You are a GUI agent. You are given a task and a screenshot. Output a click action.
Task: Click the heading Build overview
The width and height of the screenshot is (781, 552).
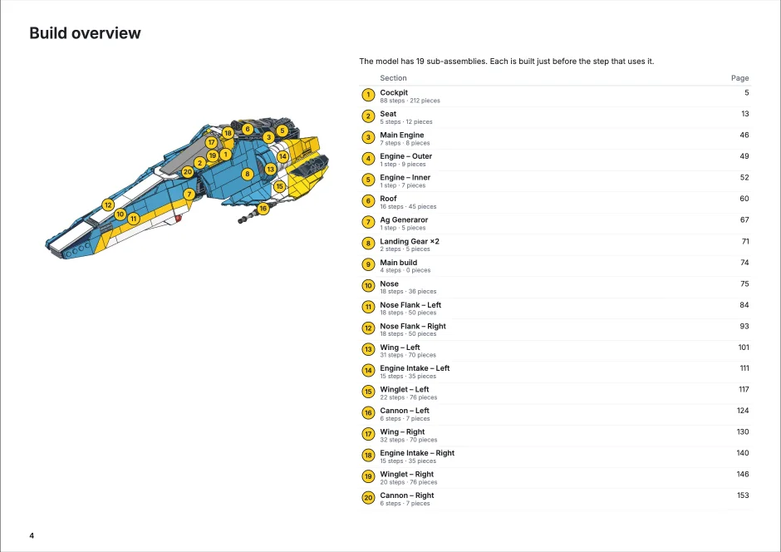pyautogui.click(x=86, y=33)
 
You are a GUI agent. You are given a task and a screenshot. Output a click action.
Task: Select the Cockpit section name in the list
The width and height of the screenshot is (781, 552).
pyautogui.click(x=394, y=92)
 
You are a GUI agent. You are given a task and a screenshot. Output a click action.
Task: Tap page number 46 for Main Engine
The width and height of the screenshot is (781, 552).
pyautogui.click(x=744, y=135)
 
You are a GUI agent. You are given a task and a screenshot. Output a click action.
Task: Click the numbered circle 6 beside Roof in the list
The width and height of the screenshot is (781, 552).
pyautogui.click(x=368, y=201)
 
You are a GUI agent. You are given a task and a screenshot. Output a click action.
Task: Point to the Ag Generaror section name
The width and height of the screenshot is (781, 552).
pyautogui.click(x=404, y=219)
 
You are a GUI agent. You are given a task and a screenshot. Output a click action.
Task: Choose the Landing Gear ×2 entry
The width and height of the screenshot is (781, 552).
pyautogui.click(x=410, y=241)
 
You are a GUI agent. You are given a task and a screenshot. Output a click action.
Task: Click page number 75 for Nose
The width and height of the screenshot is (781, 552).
pyautogui.click(x=744, y=284)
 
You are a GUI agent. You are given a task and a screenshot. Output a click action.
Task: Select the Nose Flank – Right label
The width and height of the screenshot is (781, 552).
pyautogui.click(x=413, y=327)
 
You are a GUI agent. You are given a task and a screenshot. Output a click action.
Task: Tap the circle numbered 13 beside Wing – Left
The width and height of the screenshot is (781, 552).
pyautogui.click(x=368, y=349)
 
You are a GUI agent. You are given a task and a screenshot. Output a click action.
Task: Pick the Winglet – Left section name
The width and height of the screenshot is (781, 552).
pyautogui.click(x=405, y=390)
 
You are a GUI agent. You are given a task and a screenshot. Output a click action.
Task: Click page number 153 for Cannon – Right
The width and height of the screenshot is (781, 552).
pyautogui.click(x=743, y=495)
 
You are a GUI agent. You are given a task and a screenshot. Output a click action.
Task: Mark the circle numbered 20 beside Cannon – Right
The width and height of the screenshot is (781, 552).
pyautogui.click(x=368, y=498)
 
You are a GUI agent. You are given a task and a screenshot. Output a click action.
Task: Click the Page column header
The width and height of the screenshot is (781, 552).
pyautogui.click(x=739, y=77)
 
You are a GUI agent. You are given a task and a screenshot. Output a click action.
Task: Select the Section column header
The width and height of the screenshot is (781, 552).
pyautogui.click(x=393, y=77)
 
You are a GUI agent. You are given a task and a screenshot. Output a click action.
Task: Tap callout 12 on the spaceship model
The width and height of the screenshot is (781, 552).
pyautogui.click(x=108, y=205)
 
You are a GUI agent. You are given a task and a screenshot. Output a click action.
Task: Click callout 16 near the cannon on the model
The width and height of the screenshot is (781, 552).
pyautogui.click(x=263, y=208)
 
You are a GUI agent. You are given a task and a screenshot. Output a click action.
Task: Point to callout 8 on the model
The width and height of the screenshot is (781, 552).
pyautogui.click(x=247, y=174)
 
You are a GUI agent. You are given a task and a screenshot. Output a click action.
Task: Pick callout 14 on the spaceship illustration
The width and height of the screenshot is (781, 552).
pyautogui.click(x=282, y=156)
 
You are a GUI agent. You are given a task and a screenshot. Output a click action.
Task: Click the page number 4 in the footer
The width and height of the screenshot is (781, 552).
pyautogui.click(x=32, y=535)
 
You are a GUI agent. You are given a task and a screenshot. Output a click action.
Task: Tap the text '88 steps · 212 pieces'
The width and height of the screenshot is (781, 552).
pyautogui.click(x=410, y=101)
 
